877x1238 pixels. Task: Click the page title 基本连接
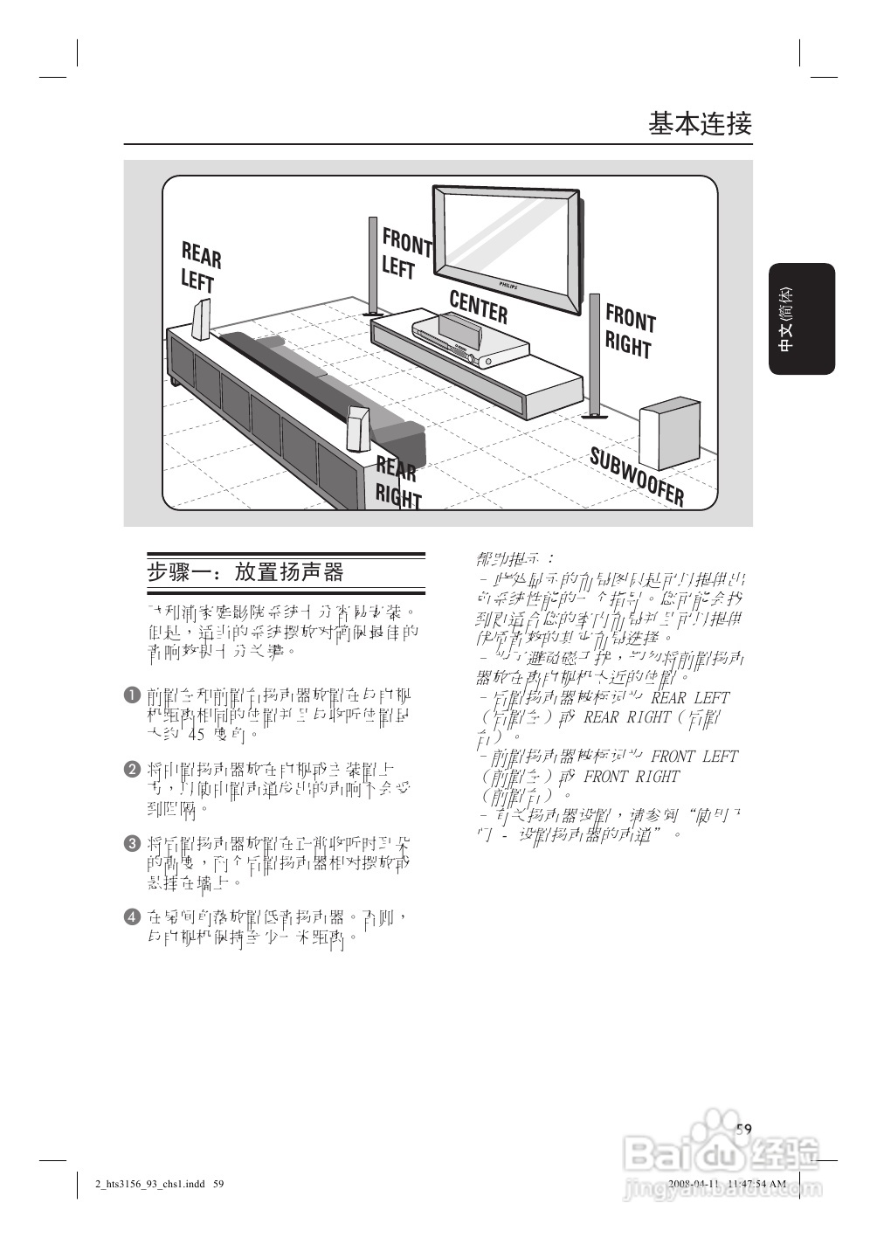point(700,123)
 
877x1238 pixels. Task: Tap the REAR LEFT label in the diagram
point(200,267)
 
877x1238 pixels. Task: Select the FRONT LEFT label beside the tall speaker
point(405,253)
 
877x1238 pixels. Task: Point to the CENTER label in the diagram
point(478,307)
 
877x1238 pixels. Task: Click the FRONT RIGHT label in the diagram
point(629,331)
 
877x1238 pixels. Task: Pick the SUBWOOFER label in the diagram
point(637,476)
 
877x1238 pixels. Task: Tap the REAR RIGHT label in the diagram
point(398,482)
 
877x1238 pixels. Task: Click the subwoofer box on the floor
point(669,434)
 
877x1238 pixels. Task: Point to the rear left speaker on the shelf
point(201,320)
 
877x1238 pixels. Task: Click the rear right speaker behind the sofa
point(357,428)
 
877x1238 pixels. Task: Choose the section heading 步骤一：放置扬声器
point(245,572)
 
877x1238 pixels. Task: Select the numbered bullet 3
point(132,843)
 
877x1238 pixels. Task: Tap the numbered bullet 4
point(132,916)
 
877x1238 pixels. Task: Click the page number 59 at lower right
point(743,1129)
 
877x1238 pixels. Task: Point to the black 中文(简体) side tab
point(802,319)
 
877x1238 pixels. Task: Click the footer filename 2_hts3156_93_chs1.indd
point(149,1185)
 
